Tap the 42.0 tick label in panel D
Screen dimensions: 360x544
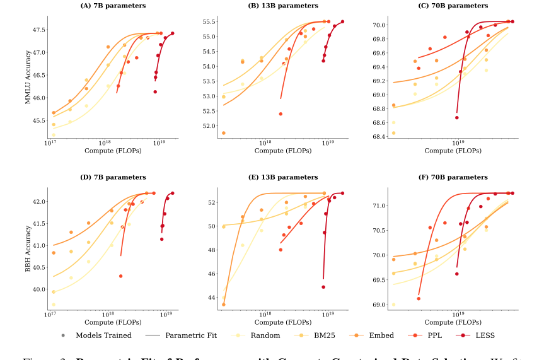tap(36, 201)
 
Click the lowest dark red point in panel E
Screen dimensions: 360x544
tap(323, 287)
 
